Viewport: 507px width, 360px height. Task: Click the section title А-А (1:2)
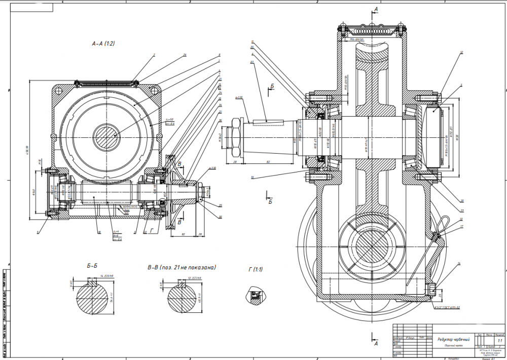click(x=103, y=44)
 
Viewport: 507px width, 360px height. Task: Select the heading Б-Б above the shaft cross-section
click(x=92, y=265)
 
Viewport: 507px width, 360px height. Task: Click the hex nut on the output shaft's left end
click(x=236, y=138)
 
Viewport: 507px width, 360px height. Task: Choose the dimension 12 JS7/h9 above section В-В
click(x=195, y=278)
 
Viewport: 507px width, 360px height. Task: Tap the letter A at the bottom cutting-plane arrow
click(x=376, y=343)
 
